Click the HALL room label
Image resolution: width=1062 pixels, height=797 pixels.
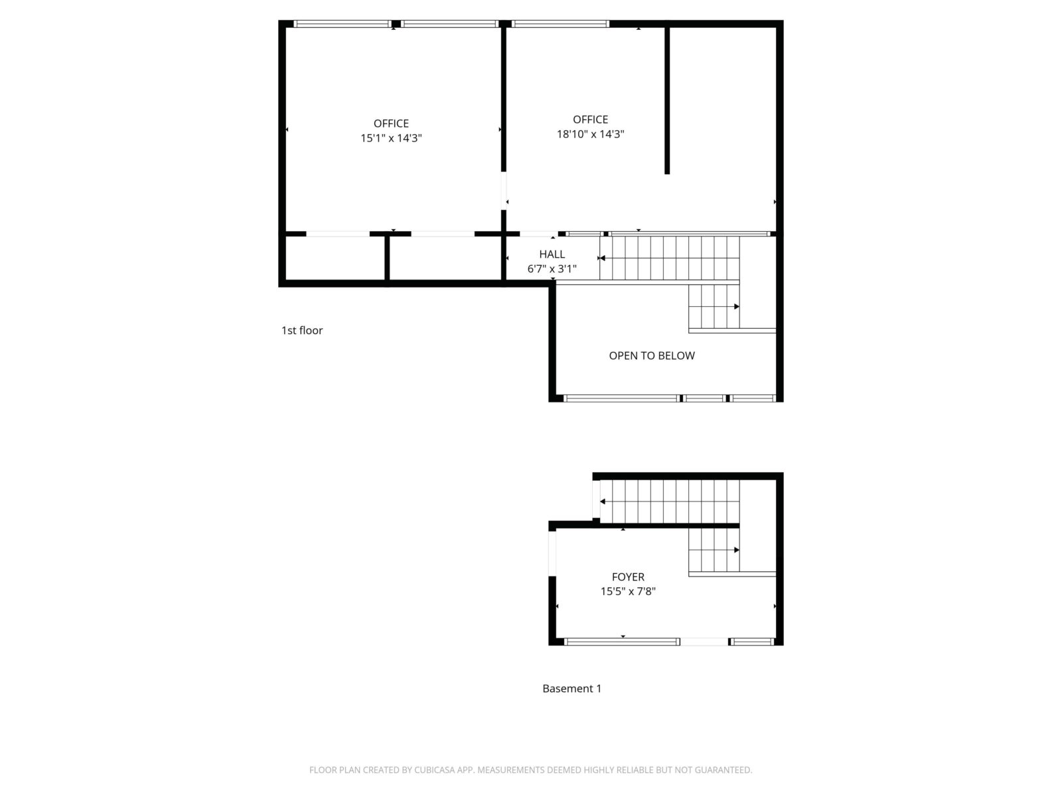point(552,254)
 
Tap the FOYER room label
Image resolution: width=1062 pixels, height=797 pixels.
point(627,576)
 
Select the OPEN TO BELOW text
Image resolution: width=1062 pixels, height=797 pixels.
point(651,356)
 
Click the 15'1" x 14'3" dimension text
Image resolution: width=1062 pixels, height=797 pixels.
point(391,138)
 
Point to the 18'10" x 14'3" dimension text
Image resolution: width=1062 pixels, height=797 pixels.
point(590,134)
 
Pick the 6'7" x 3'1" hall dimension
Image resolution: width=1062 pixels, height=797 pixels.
point(552,268)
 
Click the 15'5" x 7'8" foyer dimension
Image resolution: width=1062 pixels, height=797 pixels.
point(627,591)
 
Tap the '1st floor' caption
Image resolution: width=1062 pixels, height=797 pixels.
point(302,331)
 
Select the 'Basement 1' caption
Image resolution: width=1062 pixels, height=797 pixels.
point(571,689)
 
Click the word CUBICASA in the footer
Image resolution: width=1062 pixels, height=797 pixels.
point(433,770)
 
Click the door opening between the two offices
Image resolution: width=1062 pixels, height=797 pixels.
point(503,191)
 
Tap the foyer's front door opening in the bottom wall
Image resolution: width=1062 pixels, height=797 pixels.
point(704,642)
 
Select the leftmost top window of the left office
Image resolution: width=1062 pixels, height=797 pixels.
point(342,24)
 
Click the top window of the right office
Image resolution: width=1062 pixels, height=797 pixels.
point(560,24)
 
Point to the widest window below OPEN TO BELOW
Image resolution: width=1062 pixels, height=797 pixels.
point(621,398)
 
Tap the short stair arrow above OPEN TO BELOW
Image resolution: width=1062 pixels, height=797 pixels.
point(714,306)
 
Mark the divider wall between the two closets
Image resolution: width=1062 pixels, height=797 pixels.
point(386,258)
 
